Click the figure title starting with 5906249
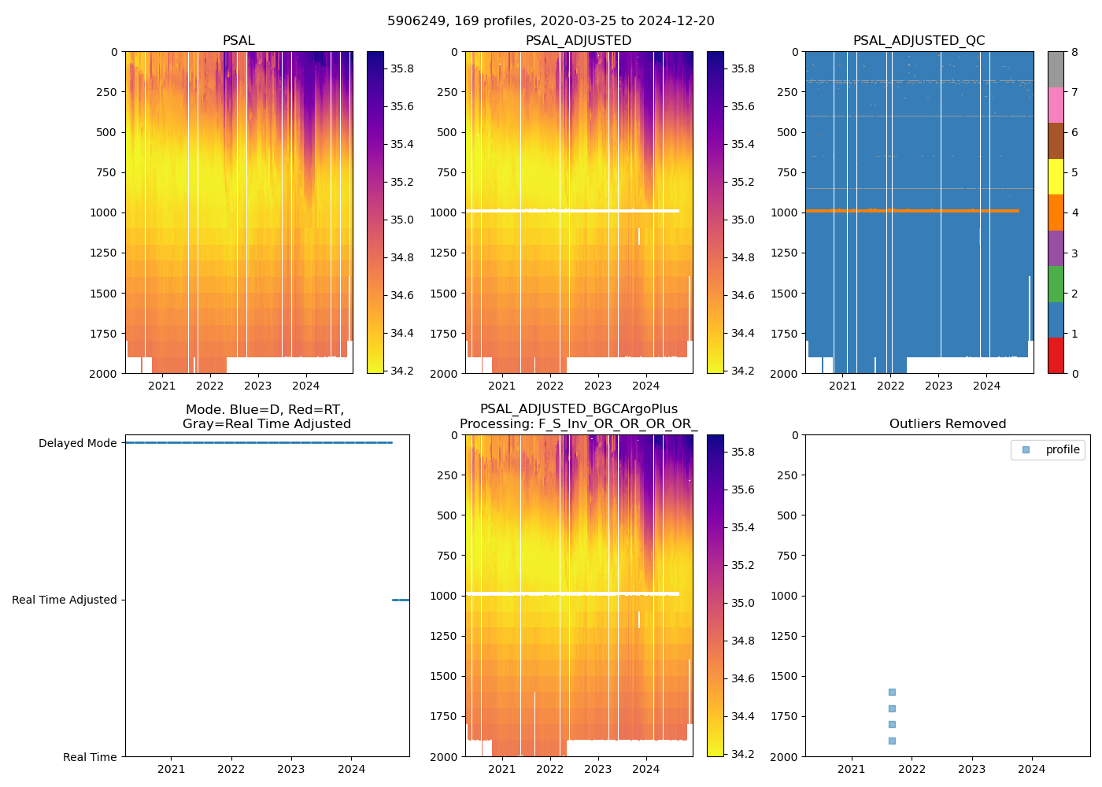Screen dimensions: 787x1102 tap(551, 21)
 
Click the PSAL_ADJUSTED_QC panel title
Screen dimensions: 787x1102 tap(919, 41)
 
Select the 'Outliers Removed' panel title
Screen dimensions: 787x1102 tap(947, 424)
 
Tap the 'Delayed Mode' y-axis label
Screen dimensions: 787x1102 tap(77, 443)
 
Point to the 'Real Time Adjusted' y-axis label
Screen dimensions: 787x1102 tap(65, 600)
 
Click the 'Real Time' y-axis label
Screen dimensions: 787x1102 tap(90, 757)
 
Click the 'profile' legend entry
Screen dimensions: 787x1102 tap(1062, 449)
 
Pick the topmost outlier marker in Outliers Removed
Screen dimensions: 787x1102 tap(892, 693)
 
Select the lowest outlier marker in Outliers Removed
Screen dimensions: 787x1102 tap(892, 741)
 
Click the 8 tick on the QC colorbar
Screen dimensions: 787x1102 tap(1074, 52)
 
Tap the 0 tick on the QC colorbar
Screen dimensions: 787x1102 tap(1074, 373)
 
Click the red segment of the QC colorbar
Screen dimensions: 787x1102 tap(1056, 356)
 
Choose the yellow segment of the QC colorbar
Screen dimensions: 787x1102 tap(1056, 177)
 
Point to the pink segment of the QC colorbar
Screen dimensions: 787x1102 tap(1056, 105)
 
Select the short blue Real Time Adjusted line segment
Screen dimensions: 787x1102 tap(401, 600)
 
